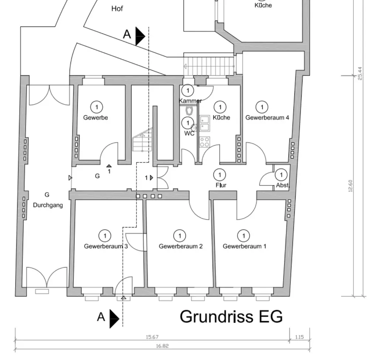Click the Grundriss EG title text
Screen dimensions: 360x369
tap(231, 317)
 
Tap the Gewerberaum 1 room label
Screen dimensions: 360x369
tap(244, 246)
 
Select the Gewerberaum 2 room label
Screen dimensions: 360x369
tap(180, 246)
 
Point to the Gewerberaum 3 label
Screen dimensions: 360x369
tap(106, 246)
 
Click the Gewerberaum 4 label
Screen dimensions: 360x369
tap(267, 118)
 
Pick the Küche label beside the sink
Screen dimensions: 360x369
tap(221, 117)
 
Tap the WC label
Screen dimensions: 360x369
tap(189, 133)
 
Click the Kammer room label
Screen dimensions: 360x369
tap(190, 101)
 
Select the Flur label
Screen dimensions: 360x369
tap(221, 185)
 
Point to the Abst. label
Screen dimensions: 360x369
tap(283, 185)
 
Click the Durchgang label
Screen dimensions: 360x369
tap(48, 205)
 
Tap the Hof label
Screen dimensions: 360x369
tap(117, 8)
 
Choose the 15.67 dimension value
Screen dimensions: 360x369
tap(152, 337)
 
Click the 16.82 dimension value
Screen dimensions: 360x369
tap(162, 346)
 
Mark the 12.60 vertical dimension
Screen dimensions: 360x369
tap(350, 186)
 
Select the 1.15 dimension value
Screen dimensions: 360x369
tap(300, 337)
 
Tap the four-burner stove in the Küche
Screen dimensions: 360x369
tap(205, 141)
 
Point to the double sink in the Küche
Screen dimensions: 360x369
tap(204, 123)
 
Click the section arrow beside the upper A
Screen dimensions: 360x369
tap(140, 36)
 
